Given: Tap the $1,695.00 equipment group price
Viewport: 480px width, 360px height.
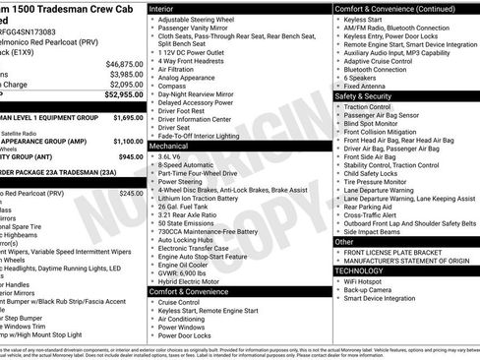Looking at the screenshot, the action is pyautogui.click(x=124, y=117).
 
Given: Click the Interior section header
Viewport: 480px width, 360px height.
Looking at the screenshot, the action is pyautogui.click(x=161, y=8).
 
